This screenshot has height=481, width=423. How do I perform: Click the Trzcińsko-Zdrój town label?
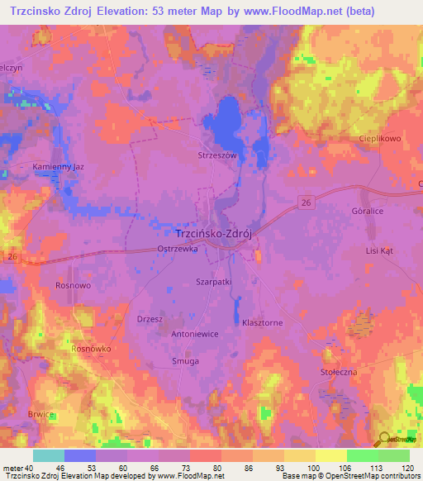click(215, 233)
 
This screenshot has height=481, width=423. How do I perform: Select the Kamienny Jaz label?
click(59, 166)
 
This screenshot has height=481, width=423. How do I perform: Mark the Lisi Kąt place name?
click(383, 250)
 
